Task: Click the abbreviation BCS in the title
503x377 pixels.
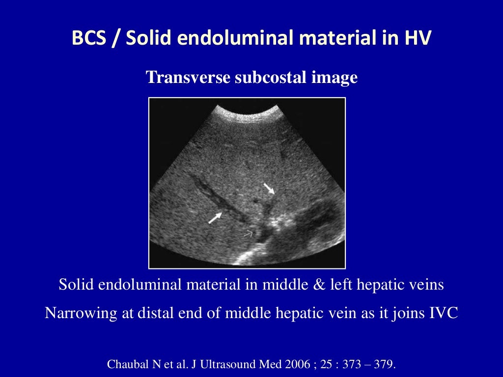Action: click(x=89, y=38)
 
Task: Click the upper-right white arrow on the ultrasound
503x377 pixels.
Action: click(x=269, y=188)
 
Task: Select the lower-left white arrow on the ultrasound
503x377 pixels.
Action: click(x=215, y=217)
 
